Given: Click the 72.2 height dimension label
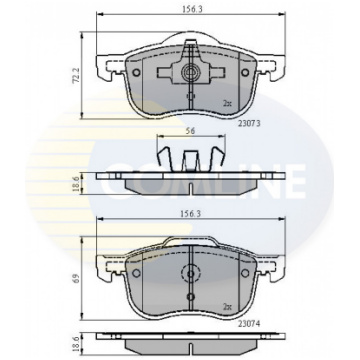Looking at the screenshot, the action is point(75,76).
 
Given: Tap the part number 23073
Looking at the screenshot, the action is point(249,123).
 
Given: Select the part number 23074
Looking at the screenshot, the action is point(249,323).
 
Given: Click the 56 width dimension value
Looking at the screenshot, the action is point(190,131).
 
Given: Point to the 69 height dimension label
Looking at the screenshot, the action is point(75,278).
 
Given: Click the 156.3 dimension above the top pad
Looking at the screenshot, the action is point(192,9).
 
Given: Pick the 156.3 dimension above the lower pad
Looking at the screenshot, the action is point(192,213).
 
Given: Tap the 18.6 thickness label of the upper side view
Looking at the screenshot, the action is point(75,184).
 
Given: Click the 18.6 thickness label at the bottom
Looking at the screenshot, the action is point(75,343).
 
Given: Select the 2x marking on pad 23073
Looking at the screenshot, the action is point(227,104).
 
